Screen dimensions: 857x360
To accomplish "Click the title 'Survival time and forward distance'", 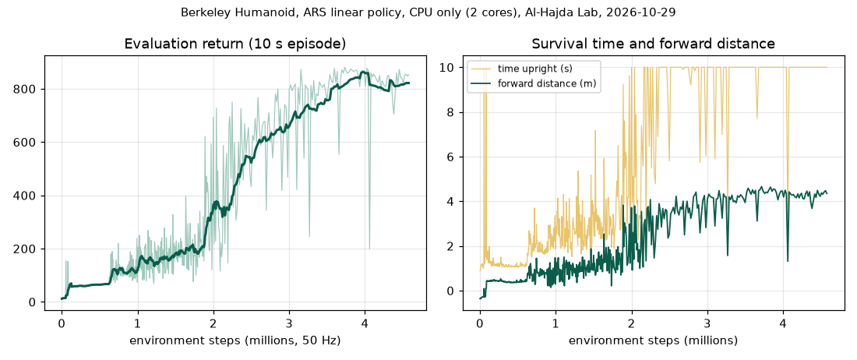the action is (653, 44).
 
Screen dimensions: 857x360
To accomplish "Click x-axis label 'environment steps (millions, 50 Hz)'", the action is (235, 341).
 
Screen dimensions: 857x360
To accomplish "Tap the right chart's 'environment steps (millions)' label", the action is (653, 341).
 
